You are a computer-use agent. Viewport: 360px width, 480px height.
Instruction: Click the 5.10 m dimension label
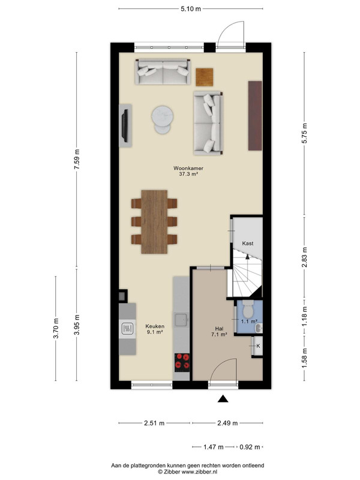pyautogui.click(x=191, y=9)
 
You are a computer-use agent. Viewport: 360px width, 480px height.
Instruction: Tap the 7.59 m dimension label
pyautogui.click(x=77, y=159)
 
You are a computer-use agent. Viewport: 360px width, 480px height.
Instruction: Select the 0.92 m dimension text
pyautogui.click(x=250, y=447)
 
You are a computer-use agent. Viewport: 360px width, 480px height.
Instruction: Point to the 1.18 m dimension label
pyautogui.click(x=305, y=316)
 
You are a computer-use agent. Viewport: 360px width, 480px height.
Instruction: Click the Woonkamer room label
pyautogui.click(x=188, y=168)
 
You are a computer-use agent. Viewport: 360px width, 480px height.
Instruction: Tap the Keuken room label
pyautogui.click(x=155, y=326)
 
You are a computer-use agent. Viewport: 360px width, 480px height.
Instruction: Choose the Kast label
pyautogui.click(x=248, y=244)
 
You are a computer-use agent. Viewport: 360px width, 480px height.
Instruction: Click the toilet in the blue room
pyautogui.click(x=248, y=308)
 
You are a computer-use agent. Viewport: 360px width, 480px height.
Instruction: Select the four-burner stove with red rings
pyautogui.click(x=182, y=362)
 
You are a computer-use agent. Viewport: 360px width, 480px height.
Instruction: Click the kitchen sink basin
pyautogui.click(x=181, y=320)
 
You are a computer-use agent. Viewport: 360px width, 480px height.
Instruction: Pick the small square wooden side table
pyautogui.click(x=205, y=77)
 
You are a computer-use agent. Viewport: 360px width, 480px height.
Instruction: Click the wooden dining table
pyautogui.click(x=154, y=222)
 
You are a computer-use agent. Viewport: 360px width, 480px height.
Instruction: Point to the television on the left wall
pyautogui.click(x=125, y=125)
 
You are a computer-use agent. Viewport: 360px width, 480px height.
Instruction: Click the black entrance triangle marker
pyautogui.click(x=223, y=398)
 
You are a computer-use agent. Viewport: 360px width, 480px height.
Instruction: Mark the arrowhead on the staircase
pyautogui.click(x=247, y=257)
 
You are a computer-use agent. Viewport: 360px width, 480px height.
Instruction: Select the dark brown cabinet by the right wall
pyautogui.click(x=255, y=116)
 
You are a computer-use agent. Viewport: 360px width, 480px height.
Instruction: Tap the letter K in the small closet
pyautogui.click(x=258, y=346)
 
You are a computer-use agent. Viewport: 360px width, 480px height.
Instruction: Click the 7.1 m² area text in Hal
pyautogui.click(x=219, y=334)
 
